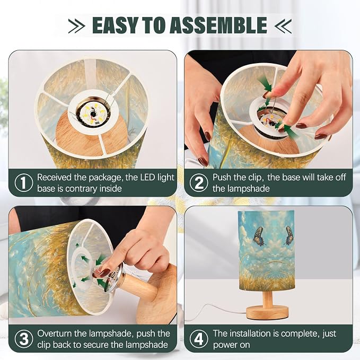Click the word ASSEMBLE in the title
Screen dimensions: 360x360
pyautogui.click(x=219, y=25)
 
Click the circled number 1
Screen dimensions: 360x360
pyautogui.click(x=24, y=183)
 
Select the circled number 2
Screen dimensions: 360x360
pyautogui.click(x=199, y=183)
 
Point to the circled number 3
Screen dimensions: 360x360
pyautogui.click(x=24, y=339)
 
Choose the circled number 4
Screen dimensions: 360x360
pyautogui.click(x=199, y=339)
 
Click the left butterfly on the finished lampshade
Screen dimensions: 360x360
pyautogui.click(x=259, y=236)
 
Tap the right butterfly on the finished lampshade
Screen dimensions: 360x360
pyautogui.click(x=289, y=235)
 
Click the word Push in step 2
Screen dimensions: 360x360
pyautogui.click(x=221, y=178)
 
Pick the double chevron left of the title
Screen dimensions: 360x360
pyautogui.click(x=76, y=25)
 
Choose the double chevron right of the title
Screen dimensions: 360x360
pyautogui.click(x=283, y=25)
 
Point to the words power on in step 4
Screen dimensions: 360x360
pyautogui.click(x=231, y=345)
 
